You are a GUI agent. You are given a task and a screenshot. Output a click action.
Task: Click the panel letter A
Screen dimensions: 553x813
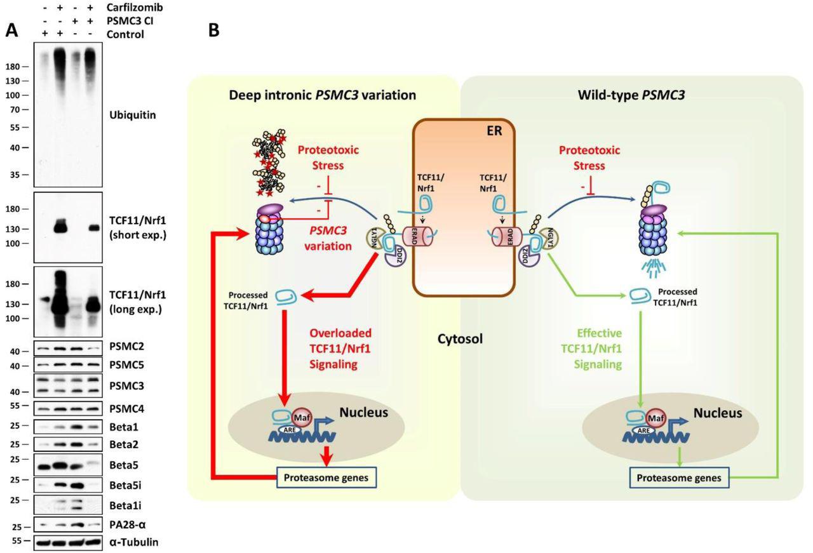pyautogui.click(x=11, y=30)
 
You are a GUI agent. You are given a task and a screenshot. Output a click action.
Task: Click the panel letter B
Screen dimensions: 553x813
pyautogui.click(x=214, y=30)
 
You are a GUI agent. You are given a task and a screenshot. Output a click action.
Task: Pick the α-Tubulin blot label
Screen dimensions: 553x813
pyautogui.click(x=133, y=542)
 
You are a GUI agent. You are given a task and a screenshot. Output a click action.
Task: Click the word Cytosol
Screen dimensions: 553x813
pyautogui.click(x=460, y=340)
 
